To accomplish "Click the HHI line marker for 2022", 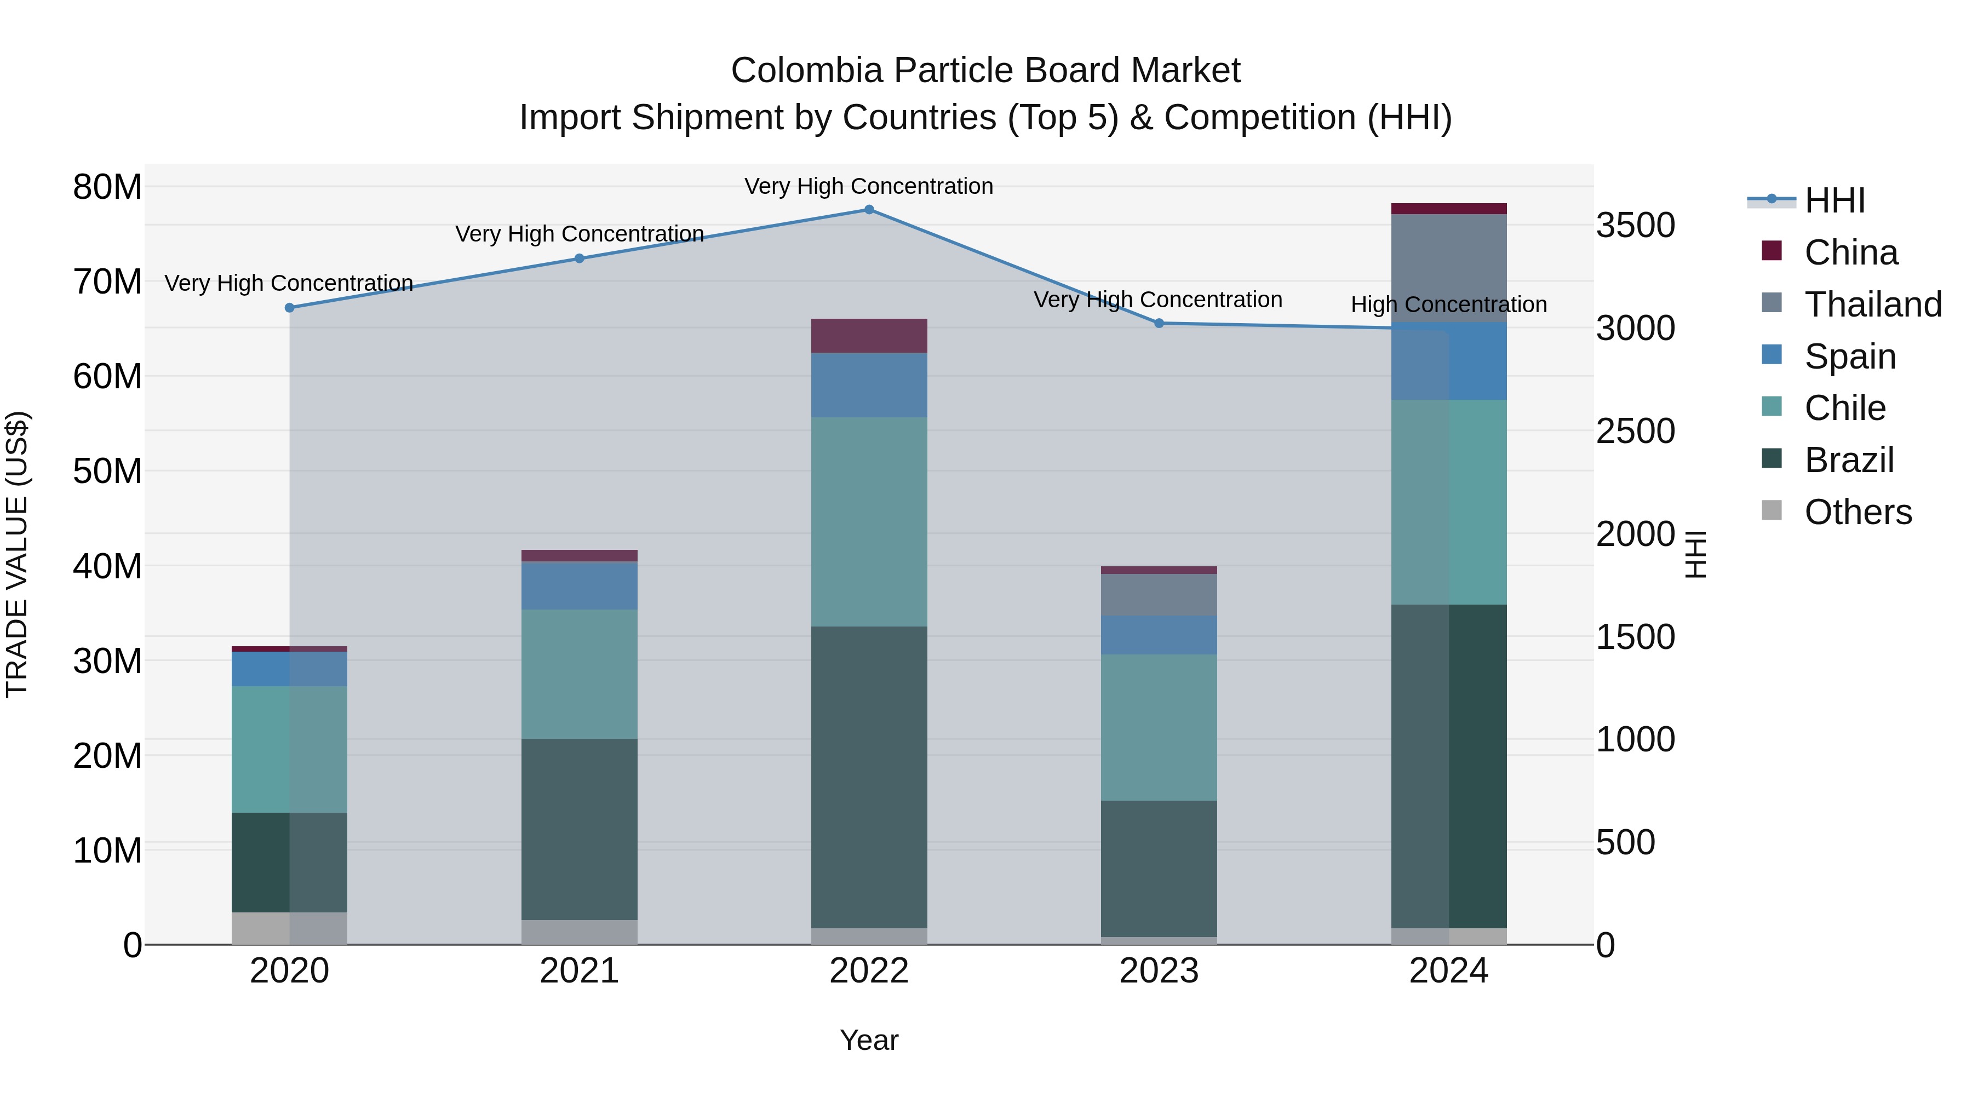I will click(869, 210).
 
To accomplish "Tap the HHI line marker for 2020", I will click(289, 308).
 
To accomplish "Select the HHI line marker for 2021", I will click(580, 258).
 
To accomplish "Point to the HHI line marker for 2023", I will click(1159, 324).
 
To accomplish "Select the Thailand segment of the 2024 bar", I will click(1448, 268).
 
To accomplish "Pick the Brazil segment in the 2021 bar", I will click(580, 829).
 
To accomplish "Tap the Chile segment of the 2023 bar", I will click(1159, 727).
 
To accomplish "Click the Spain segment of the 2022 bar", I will click(869, 385).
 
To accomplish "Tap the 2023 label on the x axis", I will click(1159, 971).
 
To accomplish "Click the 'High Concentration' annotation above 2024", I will click(1448, 304).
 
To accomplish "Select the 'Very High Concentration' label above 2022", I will click(869, 186).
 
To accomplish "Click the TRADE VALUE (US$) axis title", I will click(17, 554).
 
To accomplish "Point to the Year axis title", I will click(869, 1040).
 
